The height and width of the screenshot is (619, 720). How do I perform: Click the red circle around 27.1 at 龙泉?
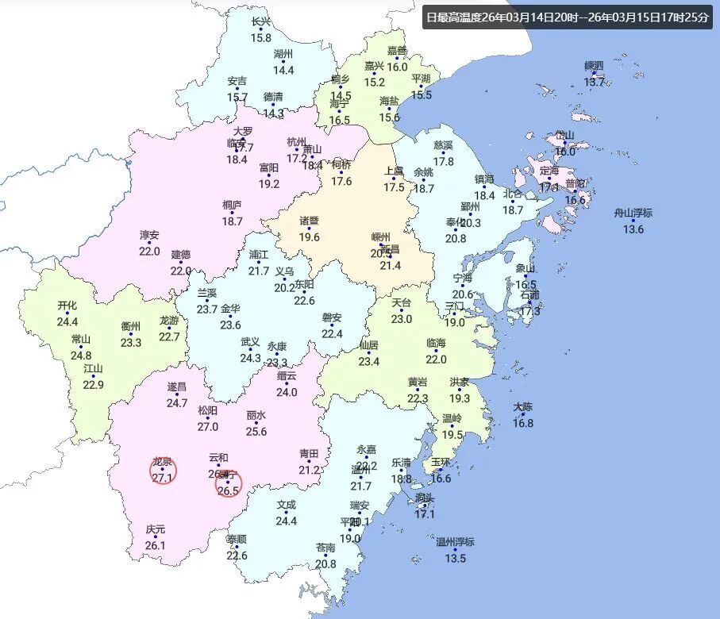(163, 471)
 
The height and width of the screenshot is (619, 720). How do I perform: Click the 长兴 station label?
(260, 21)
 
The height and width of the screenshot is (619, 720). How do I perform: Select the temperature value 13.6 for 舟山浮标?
(633, 229)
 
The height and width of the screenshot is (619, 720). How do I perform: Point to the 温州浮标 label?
(455, 542)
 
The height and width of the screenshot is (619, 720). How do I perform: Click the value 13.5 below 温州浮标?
(455, 558)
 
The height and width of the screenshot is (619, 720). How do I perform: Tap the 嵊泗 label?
(594, 65)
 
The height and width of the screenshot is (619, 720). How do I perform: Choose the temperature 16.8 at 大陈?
(522, 423)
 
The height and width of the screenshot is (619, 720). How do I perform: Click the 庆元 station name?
(156, 529)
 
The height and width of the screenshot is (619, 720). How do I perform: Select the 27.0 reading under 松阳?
(207, 426)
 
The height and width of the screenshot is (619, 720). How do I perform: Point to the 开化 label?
(67, 306)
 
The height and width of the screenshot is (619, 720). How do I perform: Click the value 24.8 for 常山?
(81, 355)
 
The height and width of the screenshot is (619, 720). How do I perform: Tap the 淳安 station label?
(149, 235)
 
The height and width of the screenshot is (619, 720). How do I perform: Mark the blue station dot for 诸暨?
(309, 229)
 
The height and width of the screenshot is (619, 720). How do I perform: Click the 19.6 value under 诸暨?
(309, 237)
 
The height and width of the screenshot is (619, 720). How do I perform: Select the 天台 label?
(402, 303)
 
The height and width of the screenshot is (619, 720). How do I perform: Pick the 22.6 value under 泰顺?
(237, 555)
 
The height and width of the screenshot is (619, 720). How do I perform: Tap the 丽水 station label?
(256, 415)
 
